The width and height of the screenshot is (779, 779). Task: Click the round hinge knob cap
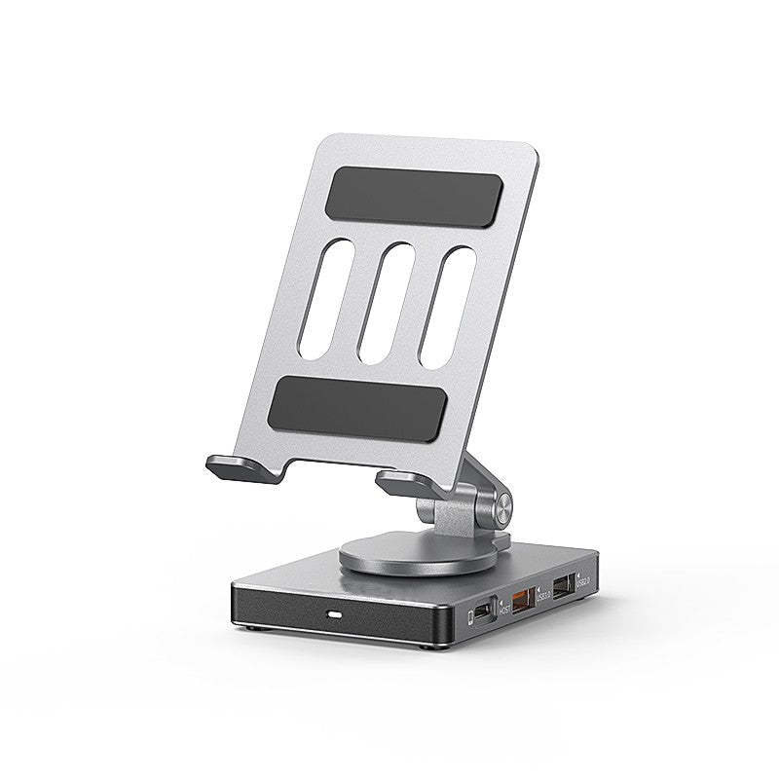[503, 506]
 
